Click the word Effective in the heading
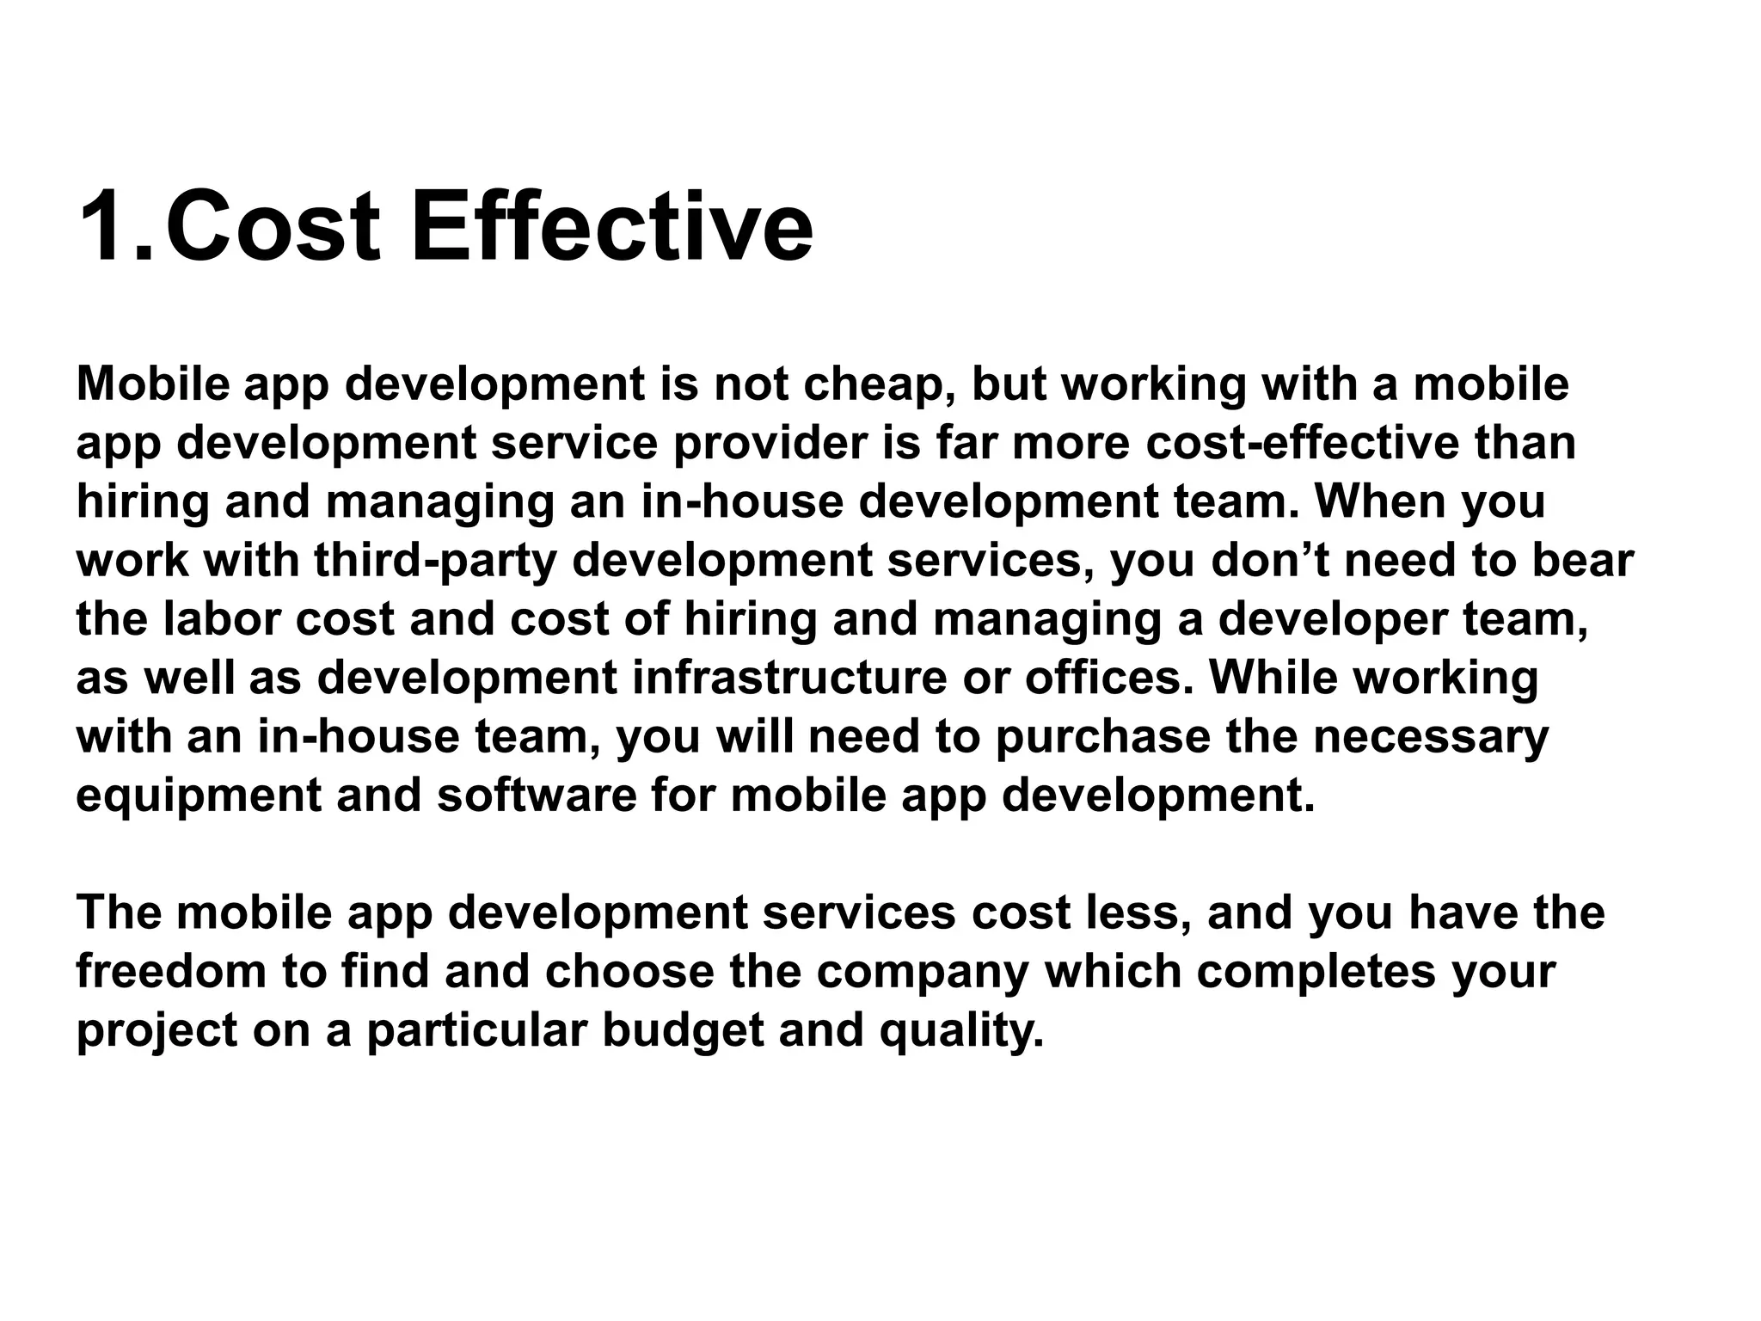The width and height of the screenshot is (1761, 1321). [611, 227]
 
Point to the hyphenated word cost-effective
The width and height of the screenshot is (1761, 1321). [1302, 443]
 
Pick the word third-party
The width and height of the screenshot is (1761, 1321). [434, 561]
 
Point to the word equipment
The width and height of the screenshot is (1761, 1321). [198, 796]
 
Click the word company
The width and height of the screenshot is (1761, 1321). [922, 972]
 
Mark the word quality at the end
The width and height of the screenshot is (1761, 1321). [961, 1030]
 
